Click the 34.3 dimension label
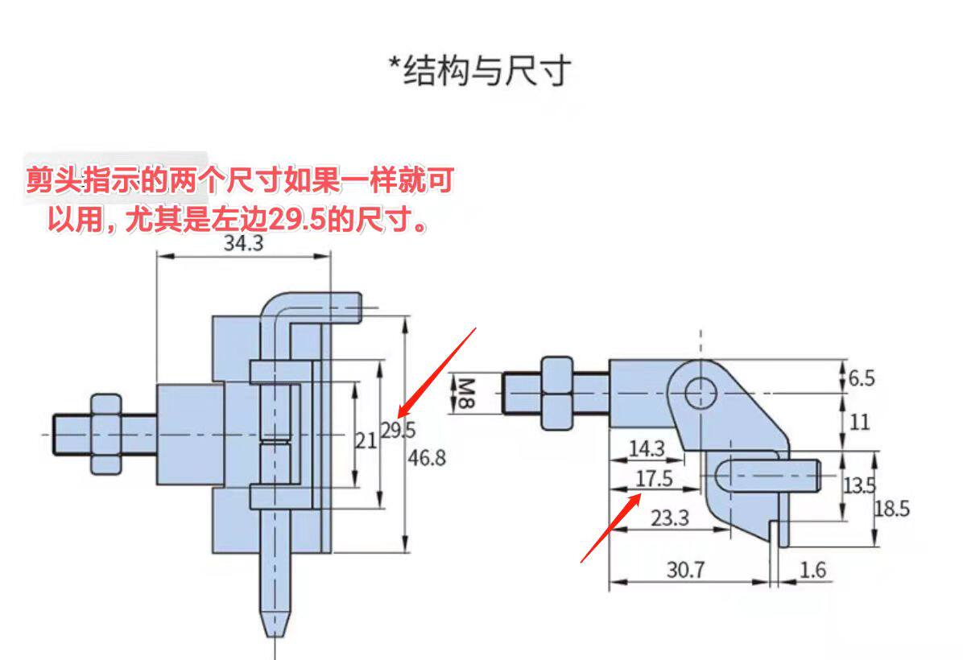pyautogui.click(x=243, y=243)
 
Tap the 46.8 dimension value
pyautogui.click(x=427, y=458)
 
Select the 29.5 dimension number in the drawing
pyautogui.click(x=398, y=430)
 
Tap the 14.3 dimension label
pyautogui.click(x=647, y=448)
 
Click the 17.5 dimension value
pyautogui.click(x=653, y=479)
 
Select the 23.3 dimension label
pyautogui.click(x=670, y=518)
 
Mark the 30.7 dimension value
pyautogui.click(x=685, y=570)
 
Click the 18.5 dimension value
pyautogui.click(x=892, y=509)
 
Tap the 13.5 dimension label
pyautogui.click(x=859, y=485)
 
